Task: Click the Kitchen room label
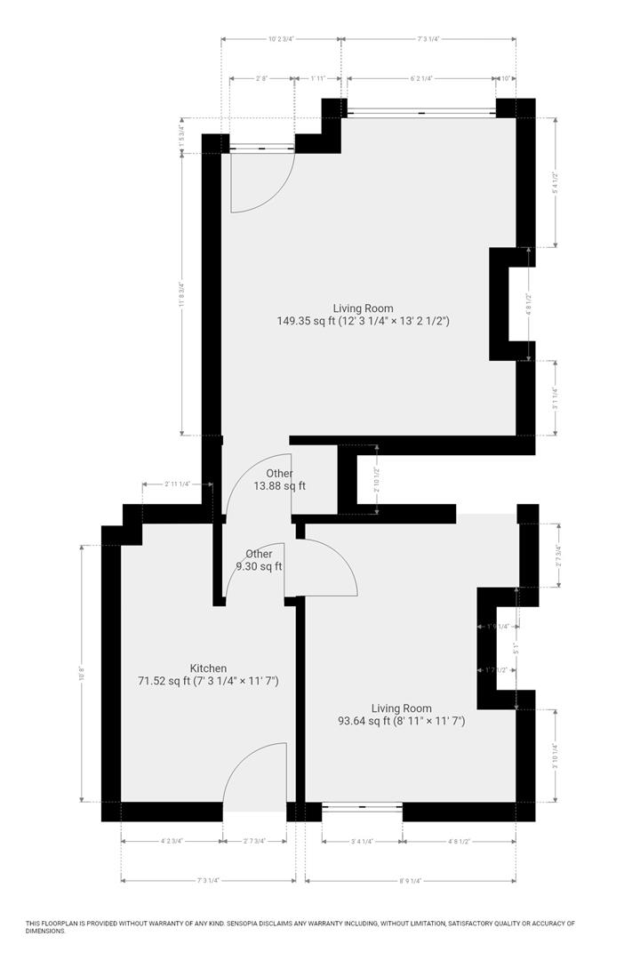pos(208,668)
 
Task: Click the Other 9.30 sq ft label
pos(259,560)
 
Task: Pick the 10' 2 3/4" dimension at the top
pos(281,39)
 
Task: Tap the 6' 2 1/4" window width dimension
pos(420,78)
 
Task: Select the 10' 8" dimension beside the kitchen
pos(82,673)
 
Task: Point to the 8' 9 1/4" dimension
pos(410,881)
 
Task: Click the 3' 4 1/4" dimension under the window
pos(362,840)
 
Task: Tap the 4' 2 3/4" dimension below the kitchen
pos(171,840)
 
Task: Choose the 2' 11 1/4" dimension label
pos(176,484)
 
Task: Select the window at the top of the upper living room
pos(420,112)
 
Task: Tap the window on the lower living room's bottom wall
pos(362,807)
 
